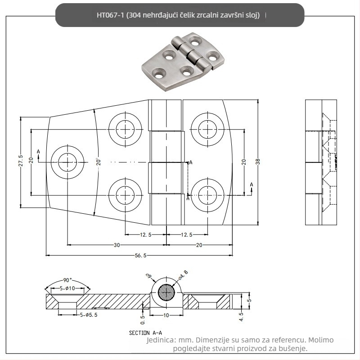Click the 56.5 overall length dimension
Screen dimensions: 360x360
coord(140,255)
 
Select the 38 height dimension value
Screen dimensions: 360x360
coord(258,162)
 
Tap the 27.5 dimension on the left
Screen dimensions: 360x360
coord(21,161)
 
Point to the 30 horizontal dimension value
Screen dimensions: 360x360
coord(117,245)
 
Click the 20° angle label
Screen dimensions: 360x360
coord(99,162)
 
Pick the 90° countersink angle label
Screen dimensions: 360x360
coord(68,280)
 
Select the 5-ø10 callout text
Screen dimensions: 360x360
coord(67,288)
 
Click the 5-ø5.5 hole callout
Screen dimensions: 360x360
coord(89,315)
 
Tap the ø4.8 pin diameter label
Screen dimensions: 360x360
coord(183,275)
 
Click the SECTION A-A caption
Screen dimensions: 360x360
coord(145,333)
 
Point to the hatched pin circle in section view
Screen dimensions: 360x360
coord(166,292)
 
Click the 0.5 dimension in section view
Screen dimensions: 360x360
coord(143,319)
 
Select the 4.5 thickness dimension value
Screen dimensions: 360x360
coord(241,317)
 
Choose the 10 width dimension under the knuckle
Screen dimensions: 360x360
coord(166,315)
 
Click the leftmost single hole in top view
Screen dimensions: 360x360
coord(67,162)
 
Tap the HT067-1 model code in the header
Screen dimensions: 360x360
coord(110,15)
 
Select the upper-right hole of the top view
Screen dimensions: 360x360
coord(207,129)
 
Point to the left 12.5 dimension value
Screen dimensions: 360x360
coord(146,235)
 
